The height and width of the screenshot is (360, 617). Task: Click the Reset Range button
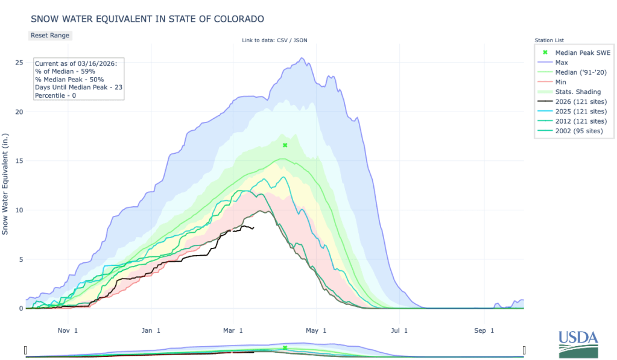pos(50,35)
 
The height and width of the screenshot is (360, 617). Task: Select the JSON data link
pos(302,40)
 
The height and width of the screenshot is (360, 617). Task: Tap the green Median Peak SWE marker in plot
pos(285,145)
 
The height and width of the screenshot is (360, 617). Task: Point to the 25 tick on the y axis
pos(19,63)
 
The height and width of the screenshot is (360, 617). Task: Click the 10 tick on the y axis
pos(19,210)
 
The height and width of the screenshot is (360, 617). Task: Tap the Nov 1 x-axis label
pos(67,330)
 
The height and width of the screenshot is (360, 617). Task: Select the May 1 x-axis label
pos(316,330)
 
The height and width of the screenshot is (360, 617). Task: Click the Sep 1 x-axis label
pos(484,330)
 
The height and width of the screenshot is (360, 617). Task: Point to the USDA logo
pos(578,344)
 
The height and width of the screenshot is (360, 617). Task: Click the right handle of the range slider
pos(524,350)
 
